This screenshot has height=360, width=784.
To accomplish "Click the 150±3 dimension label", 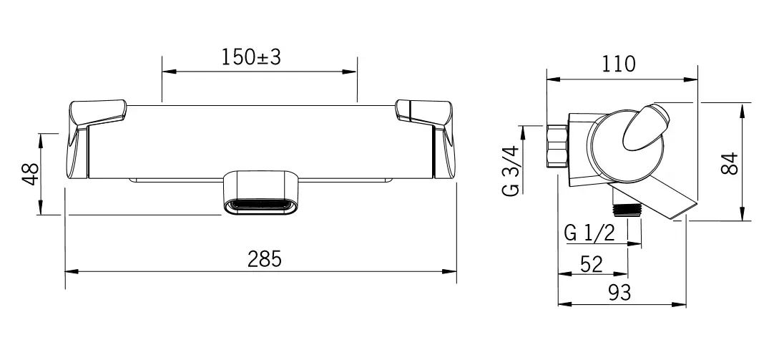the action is (252, 57).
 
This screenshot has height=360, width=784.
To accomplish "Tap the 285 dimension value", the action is (265, 259).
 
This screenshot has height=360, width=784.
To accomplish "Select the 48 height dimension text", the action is (31, 174).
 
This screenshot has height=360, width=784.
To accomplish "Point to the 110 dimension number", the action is (619, 64).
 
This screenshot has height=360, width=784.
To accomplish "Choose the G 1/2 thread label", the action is (589, 233).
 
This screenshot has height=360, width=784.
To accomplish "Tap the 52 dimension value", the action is (592, 263).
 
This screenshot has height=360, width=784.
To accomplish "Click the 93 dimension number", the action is (619, 293).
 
